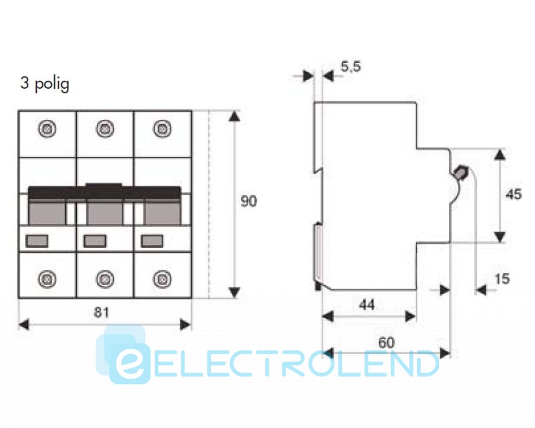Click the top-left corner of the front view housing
(18, 111)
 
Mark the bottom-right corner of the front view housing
(192, 298)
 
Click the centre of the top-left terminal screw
(47, 129)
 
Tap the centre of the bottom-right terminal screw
(163, 279)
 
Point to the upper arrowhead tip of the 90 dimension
(234, 111)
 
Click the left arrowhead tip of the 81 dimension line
(18, 325)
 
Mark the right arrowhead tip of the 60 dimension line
(450, 353)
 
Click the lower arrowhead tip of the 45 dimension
(500, 242)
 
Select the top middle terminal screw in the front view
(105, 129)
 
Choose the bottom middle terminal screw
(105, 279)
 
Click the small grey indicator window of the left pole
(37, 241)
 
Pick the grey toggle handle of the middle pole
(105, 212)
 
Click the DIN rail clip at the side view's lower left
(318, 256)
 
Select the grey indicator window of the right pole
(152, 241)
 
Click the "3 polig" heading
(45, 83)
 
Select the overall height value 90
(249, 201)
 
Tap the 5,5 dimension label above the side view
(351, 66)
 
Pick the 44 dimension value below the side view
(367, 304)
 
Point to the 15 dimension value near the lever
(502, 279)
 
